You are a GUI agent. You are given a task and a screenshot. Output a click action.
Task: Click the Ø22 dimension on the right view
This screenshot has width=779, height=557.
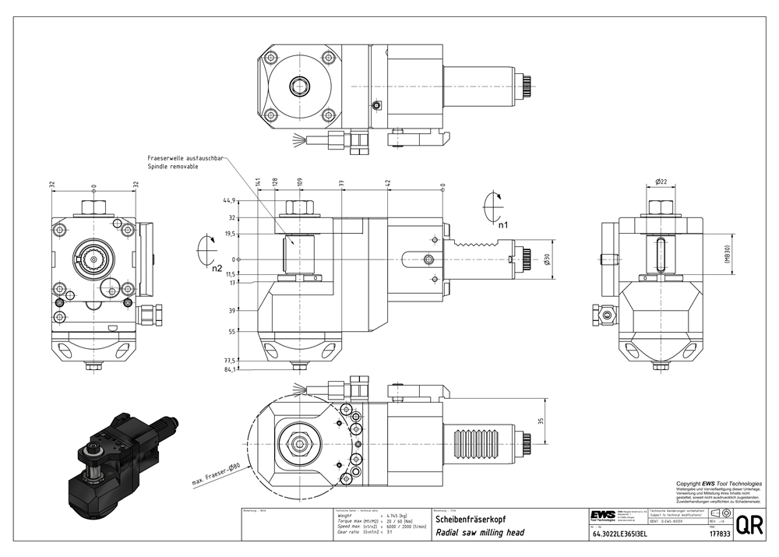click(661, 182)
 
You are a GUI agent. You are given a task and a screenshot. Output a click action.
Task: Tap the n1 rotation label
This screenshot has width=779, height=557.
click(504, 224)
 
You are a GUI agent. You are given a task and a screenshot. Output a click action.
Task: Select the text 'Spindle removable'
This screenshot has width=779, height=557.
click(172, 167)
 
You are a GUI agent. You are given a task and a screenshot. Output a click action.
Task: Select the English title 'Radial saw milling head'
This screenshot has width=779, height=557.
click(479, 533)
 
